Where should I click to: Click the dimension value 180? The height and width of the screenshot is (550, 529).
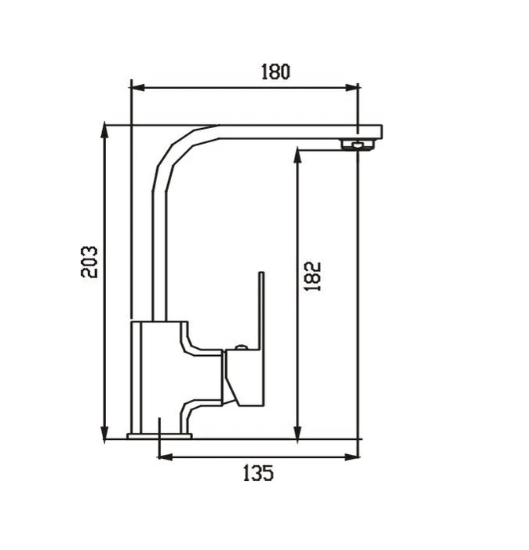pos(275,71)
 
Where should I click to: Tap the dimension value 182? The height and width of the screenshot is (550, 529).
pos(312,276)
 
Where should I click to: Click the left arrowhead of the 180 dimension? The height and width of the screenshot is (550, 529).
pos(136,88)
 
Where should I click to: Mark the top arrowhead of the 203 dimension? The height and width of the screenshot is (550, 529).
pos(104,130)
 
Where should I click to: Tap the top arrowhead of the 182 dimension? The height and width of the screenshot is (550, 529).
pos(297,154)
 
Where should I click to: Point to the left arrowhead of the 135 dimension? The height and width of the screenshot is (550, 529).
pos(164,456)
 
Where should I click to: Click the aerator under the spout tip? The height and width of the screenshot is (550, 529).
pos(357,145)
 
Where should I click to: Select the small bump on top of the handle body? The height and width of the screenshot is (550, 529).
pos(241,346)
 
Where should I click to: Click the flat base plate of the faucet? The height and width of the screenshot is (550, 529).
pos(159,434)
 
